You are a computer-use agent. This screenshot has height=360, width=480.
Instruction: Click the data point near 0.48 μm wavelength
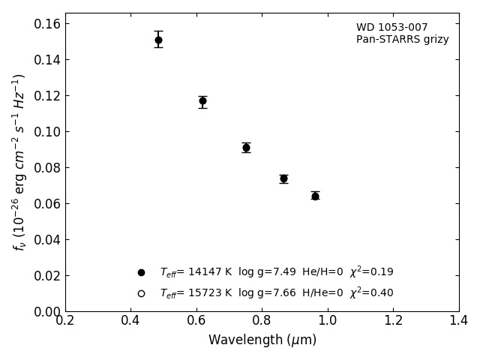pyautogui.click(x=158, y=40)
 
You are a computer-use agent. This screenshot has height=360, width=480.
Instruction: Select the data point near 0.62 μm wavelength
pyautogui.click(x=202, y=100)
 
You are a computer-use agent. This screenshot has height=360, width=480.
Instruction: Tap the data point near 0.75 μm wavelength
pyautogui.click(x=246, y=148)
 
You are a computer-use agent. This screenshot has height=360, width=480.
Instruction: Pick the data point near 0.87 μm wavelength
pyautogui.click(x=283, y=178)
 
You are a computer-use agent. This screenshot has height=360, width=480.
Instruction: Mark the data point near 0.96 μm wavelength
pyautogui.click(x=315, y=196)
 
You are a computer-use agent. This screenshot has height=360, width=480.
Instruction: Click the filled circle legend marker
pyautogui.click(x=141, y=272)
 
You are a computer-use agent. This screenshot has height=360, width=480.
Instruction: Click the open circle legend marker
pyautogui.click(x=141, y=293)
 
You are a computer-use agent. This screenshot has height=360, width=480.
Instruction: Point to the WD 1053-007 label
pyautogui.click(x=391, y=28)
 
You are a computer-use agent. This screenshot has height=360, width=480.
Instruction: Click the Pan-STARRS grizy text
pyautogui.click(x=402, y=40)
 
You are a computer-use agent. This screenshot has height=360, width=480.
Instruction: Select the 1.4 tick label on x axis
pyautogui.click(x=459, y=321)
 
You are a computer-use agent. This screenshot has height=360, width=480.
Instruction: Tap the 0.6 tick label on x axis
pyautogui.click(x=196, y=321)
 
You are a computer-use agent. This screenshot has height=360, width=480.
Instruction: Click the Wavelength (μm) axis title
pyautogui.click(x=262, y=340)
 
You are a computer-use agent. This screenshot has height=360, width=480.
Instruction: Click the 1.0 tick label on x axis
pyautogui.click(x=328, y=321)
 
